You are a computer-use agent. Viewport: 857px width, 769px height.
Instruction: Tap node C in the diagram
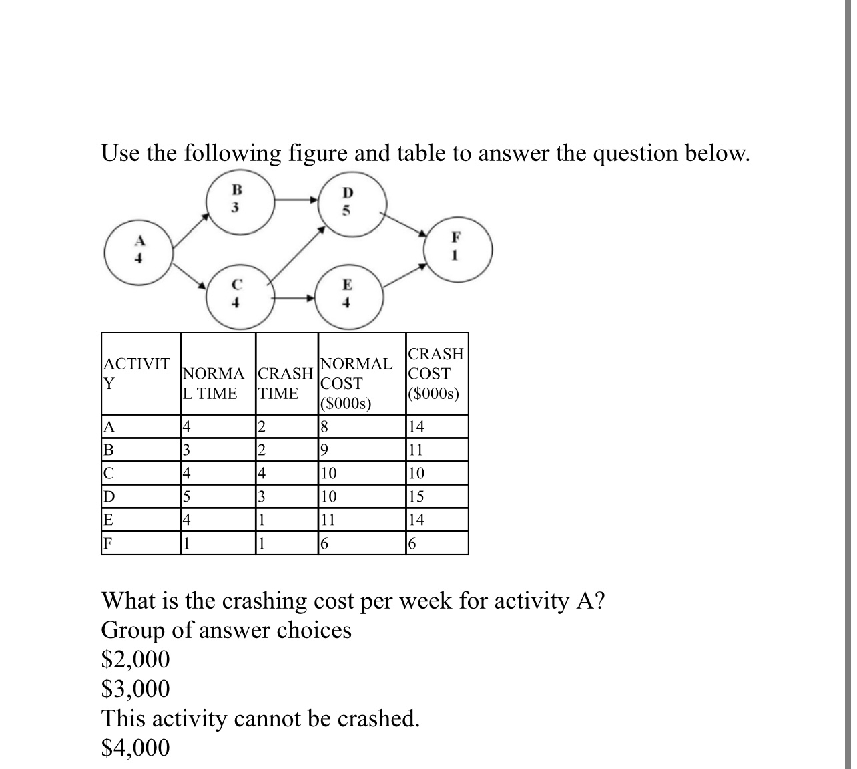[x=235, y=294]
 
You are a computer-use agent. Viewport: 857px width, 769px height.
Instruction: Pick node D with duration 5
[x=346, y=200]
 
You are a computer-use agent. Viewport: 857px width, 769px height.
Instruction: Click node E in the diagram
[x=346, y=294]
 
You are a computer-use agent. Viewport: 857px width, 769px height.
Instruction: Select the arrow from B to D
[x=294, y=198]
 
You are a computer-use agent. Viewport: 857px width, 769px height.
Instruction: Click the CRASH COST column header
[x=437, y=373]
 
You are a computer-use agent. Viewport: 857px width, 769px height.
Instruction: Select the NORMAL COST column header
[x=355, y=383]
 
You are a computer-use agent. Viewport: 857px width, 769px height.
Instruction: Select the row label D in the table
[x=107, y=497]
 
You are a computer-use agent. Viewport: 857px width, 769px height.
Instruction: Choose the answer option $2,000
[x=135, y=659]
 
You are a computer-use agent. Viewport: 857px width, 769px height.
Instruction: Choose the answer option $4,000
[x=135, y=748]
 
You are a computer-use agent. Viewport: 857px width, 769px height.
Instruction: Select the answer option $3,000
[x=135, y=688]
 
